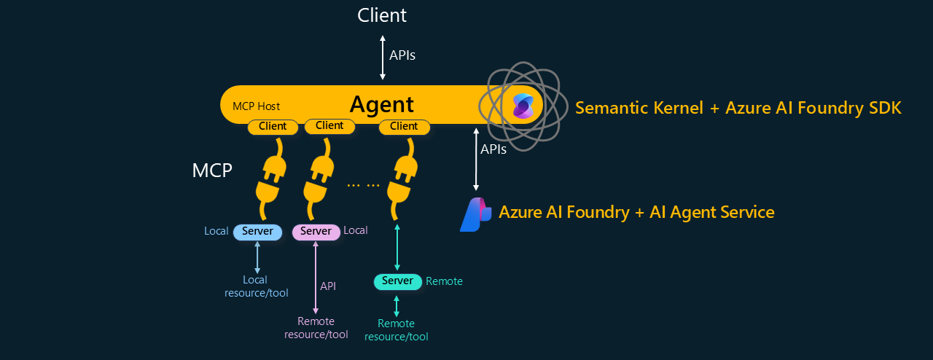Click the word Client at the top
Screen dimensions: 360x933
(382, 15)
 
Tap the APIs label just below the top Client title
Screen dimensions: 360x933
(402, 55)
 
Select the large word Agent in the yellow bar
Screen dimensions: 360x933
(381, 105)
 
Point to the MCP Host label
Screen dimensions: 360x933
(256, 106)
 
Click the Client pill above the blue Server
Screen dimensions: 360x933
(273, 126)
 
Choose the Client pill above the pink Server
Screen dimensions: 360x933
(329, 125)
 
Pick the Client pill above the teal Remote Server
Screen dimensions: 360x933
(404, 126)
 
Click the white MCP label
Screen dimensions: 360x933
(212, 171)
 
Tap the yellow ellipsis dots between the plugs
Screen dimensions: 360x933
(363, 184)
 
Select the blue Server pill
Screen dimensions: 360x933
(257, 232)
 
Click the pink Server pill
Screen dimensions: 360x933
(316, 232)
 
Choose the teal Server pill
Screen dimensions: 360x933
(397, 281)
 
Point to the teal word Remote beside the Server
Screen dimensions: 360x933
(444, 281)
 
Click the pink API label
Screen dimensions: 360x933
(328, 286)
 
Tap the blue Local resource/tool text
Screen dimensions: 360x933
(257, 286)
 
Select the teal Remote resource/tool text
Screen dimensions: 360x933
(396, 330)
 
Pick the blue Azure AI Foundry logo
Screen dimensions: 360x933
(475, 214)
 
